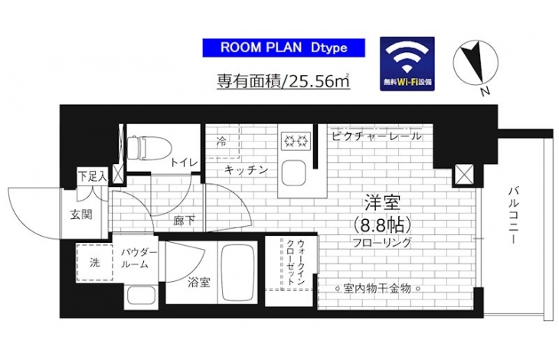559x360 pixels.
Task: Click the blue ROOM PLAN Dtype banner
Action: tap(284, 47)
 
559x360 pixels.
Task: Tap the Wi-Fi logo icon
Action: tap(407, 64)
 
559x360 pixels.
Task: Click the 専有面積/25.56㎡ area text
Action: tap(283, 81)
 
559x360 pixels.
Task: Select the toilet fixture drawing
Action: tap(149, 148)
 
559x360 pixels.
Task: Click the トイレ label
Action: tap(184, 163)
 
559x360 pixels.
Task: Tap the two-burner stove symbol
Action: tap(296, 141)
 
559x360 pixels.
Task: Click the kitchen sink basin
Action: tap(294, 173)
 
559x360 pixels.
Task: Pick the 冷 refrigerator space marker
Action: tap(221, 142)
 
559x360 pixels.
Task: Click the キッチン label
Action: tap(246, 170)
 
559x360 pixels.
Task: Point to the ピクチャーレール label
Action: tap(377, 136)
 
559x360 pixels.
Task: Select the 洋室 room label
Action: tap(383, 203)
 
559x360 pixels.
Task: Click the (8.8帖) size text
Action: tap(383, 224)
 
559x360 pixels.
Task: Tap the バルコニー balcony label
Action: tap(513, 215)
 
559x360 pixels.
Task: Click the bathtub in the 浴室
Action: tap(238, 273)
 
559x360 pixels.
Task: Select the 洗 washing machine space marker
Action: tap(94, 263)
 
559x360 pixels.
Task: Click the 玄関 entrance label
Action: tap(81, 215)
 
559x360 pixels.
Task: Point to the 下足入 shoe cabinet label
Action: tap(93, 177)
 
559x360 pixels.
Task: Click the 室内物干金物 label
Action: tap(378, 288)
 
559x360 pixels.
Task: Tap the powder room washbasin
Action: tap(142, 296)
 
